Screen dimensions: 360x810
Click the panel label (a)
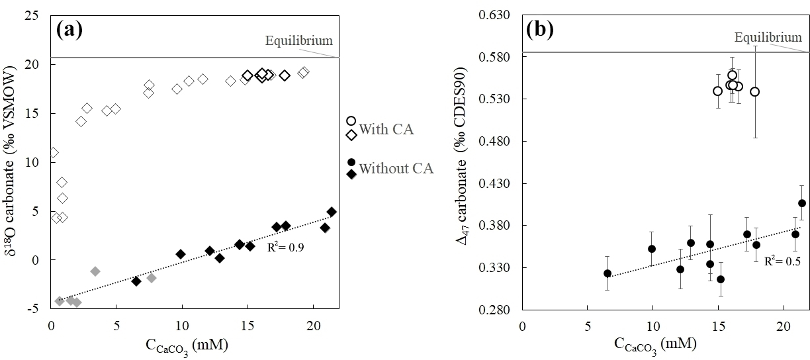[69, 29]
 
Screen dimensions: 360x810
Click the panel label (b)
[540, 30]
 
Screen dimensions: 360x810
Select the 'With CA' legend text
[386, 130]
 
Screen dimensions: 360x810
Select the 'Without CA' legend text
[396, 168]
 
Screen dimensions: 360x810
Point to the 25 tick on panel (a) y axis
[35, 16]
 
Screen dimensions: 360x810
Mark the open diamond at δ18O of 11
[54, 153]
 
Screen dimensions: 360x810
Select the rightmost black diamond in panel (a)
[332, 212]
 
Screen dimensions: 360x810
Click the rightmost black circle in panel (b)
[802, 203]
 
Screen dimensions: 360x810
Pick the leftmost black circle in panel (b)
[607, 273]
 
